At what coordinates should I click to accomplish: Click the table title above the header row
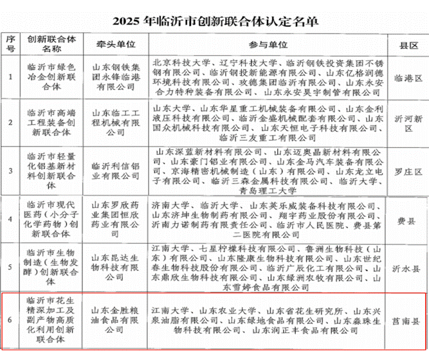(x=215, y=21)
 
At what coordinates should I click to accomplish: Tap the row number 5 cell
(x=10, y=264)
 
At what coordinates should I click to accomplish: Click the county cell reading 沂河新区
(x=406, y=123)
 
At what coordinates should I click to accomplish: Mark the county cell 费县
(x=406, y=217)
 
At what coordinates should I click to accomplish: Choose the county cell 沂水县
(x=406, y=264)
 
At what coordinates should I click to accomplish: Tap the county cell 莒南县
(x=406, y=318)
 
